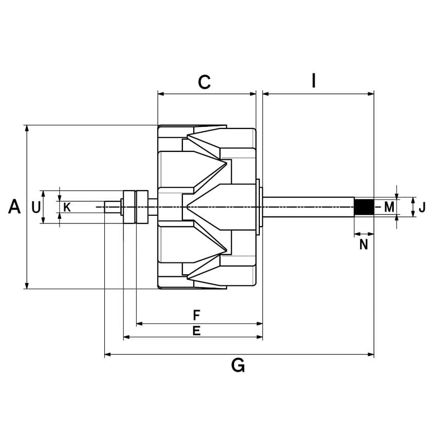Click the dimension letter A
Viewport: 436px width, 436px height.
click(x=14, y=206)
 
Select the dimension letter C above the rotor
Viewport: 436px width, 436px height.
click(x=204, y=82)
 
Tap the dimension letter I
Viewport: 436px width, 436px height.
click(x=314, y=81)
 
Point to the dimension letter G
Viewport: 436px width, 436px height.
click(x=238, y=365)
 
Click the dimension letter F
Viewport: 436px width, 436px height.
click(x=197, y=315)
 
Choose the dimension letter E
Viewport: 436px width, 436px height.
click(x=196, y=331)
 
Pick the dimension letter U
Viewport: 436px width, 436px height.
click(x=36, y=207)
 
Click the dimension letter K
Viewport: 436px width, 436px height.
click(x=67, y=207)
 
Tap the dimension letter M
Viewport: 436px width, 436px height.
click(x=389, y=207)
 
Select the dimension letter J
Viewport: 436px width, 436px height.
click(x=422, y=207)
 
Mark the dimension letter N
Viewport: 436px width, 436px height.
click(x=364, y=244)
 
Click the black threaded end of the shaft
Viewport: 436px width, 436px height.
click(x=364, y=207)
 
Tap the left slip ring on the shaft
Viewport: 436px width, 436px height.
click(x=129, y=206)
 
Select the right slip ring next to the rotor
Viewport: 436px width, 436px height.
click(x=142, y=206)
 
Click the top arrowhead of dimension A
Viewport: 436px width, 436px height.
click(x=27, y=128)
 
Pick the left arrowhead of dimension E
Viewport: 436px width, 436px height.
click(x=127, y=337)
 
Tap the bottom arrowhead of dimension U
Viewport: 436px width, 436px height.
click(x=43, y=220)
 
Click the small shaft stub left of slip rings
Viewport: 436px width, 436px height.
click(x=112, y=207)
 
